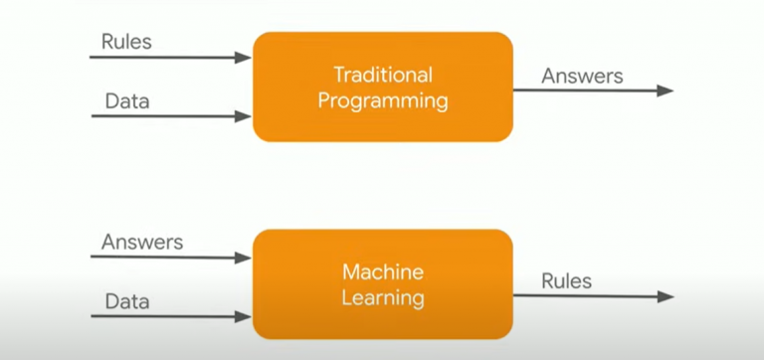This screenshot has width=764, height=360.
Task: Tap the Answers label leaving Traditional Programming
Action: [582, 76]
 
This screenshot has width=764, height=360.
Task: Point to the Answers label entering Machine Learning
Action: [142, 242]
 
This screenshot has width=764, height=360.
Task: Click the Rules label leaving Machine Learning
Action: [566, 281]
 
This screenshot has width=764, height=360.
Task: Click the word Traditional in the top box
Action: [383, 75]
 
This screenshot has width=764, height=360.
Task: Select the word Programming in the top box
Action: [383, 99]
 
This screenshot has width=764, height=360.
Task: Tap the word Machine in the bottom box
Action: [383, 272]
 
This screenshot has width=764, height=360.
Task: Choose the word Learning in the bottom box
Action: [383, 297]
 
